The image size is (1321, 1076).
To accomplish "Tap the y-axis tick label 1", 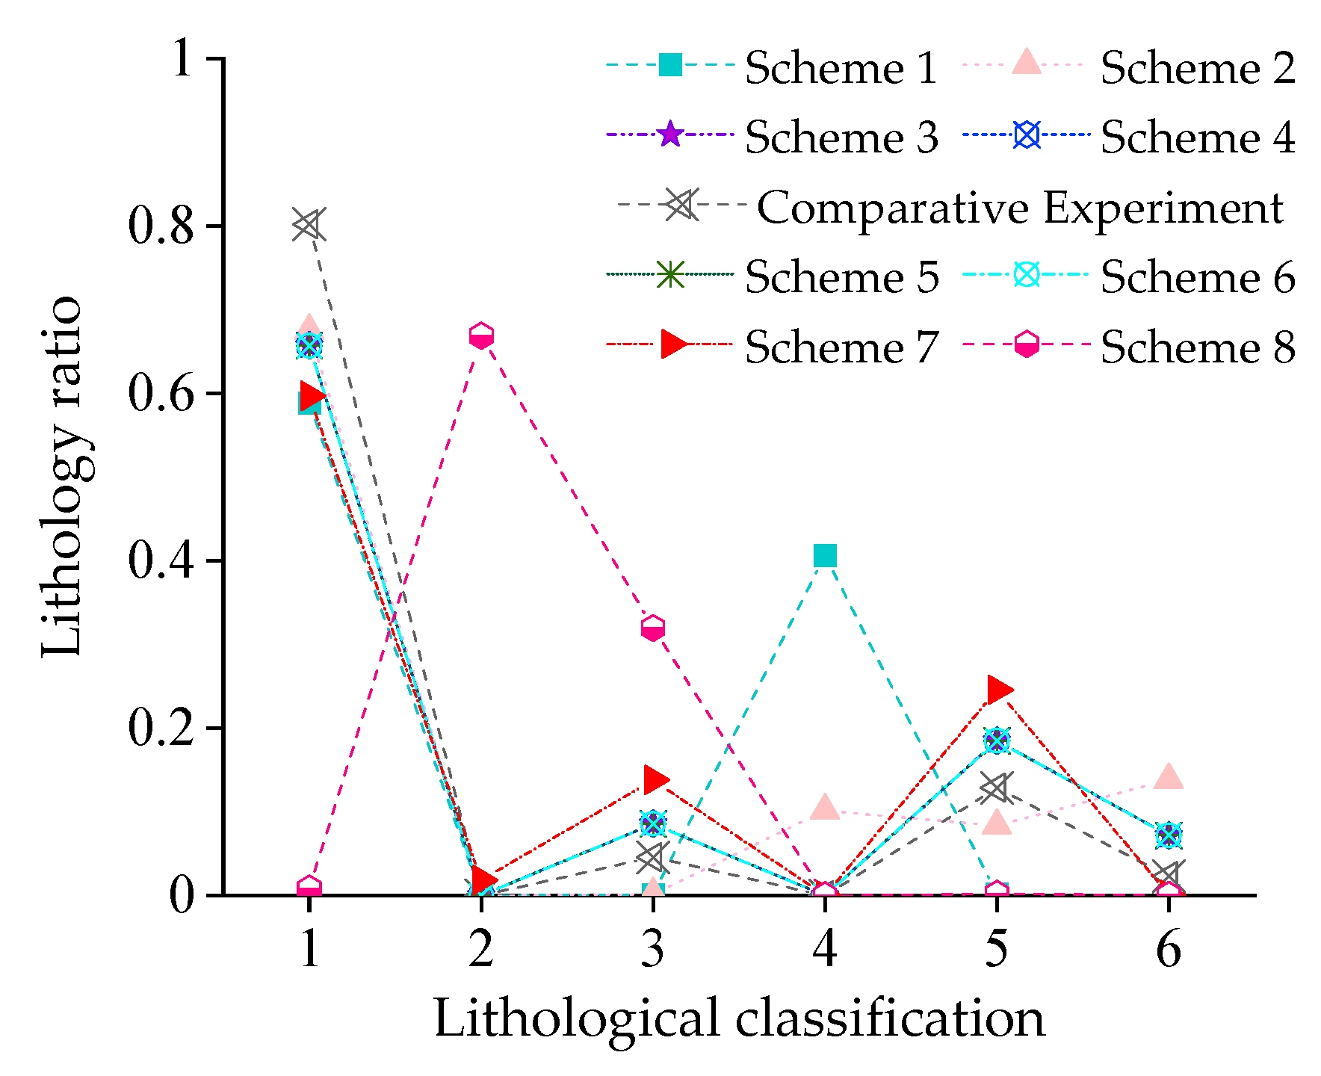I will (x=184, y=59).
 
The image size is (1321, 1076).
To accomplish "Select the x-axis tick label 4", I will (x=825, y=950).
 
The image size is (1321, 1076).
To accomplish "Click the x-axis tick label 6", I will (x=1169, y=950).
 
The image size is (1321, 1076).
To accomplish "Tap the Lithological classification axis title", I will (x=739, y=1018).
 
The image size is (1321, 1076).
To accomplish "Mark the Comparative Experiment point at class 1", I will (x=308, y=225).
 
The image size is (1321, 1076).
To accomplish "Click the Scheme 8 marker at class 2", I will (x=481, y=336).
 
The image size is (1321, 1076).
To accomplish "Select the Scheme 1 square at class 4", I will (x=825, y=556).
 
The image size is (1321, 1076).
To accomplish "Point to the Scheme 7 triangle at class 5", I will (x=998, y=690).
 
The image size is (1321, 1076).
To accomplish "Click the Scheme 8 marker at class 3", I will (x=653, y=628).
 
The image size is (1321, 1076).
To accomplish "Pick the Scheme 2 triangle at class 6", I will (x=1169, y=777).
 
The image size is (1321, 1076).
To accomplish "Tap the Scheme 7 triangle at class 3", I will (x=655, y=779).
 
